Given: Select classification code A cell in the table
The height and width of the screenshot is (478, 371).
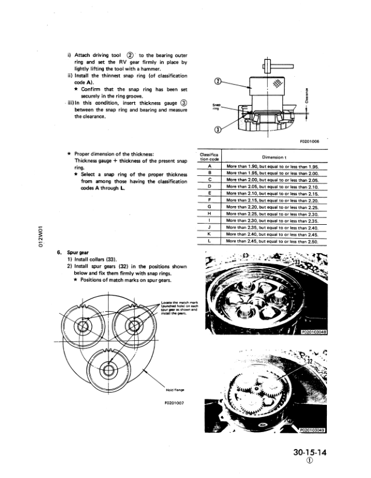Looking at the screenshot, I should pos(208,166).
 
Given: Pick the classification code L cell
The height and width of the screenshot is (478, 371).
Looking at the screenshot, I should pos(208,241).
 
